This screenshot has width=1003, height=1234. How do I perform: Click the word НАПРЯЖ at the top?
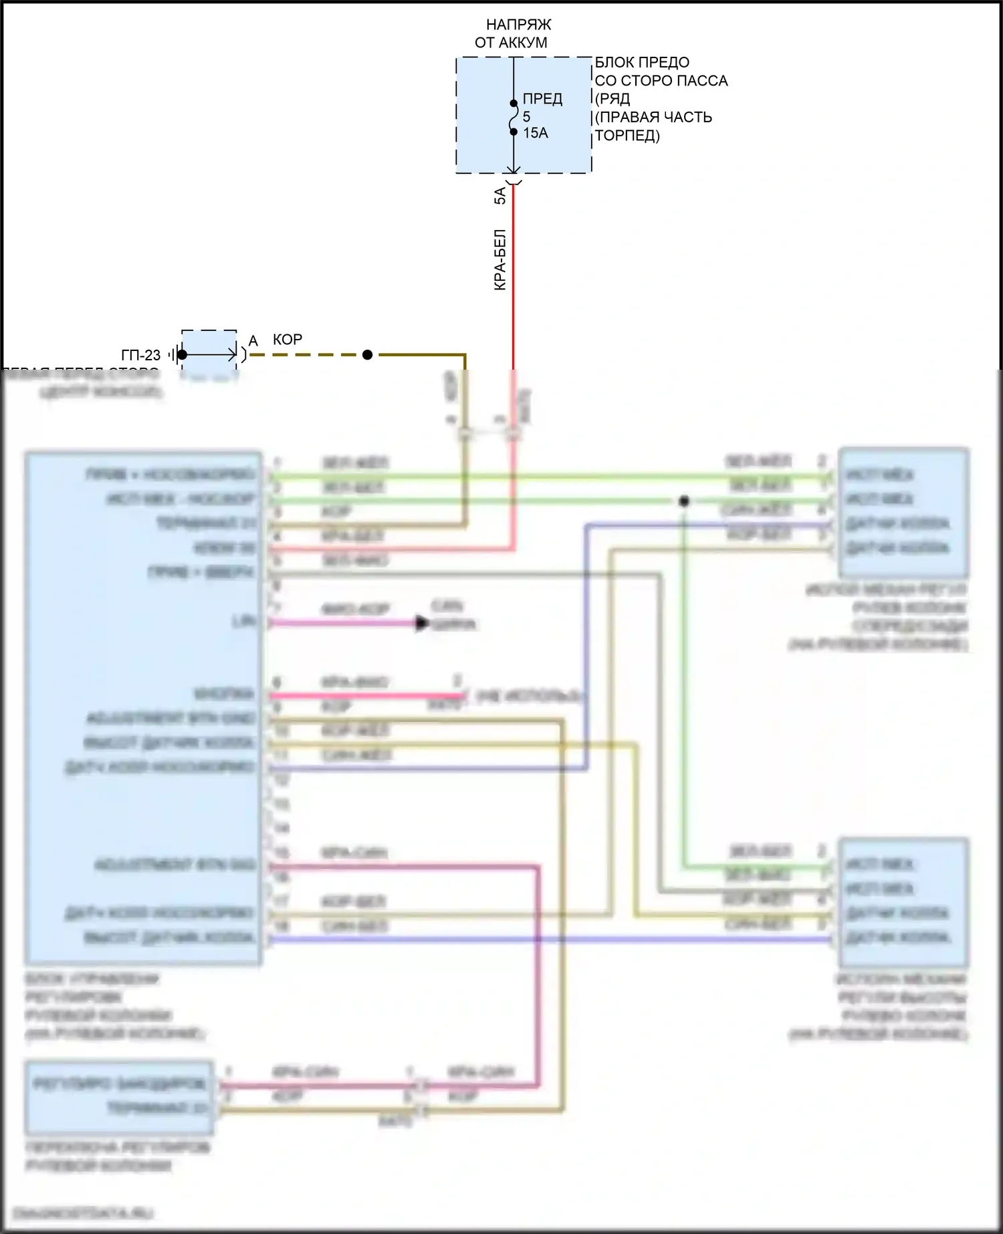pos(518,25)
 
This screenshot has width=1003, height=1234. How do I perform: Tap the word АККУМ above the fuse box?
pos(528,43)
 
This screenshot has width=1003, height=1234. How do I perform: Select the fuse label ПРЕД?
pos(542,99)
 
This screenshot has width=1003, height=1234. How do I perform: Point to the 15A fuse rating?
pos(535,133)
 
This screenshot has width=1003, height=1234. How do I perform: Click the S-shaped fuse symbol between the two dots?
pos(514,118)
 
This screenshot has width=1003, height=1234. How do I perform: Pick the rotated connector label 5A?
pos(500,196)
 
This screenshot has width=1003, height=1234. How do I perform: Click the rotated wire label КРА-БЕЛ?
pos(500,260)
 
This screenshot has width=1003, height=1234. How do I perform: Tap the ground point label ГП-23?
pos(140,355)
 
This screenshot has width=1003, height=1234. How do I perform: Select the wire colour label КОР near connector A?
pos(288,340)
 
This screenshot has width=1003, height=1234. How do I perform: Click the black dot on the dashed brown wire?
pos(367,355)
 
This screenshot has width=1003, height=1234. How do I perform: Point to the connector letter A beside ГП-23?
pos(253,341)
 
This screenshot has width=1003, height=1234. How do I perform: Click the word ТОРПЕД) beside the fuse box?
pos(627,136)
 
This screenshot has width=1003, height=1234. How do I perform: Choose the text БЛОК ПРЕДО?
pos(642,63)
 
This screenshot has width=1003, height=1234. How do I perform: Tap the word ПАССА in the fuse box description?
pos(702,81)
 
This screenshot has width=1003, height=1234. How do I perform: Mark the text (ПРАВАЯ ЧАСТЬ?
pos(653,118)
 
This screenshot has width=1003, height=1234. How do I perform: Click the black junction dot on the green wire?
pos(683,501)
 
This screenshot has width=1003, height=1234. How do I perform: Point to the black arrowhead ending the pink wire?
pos(422,623)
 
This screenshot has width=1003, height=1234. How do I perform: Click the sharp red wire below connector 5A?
pos(514,281)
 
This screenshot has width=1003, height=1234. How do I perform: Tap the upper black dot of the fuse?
pos(514,104)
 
